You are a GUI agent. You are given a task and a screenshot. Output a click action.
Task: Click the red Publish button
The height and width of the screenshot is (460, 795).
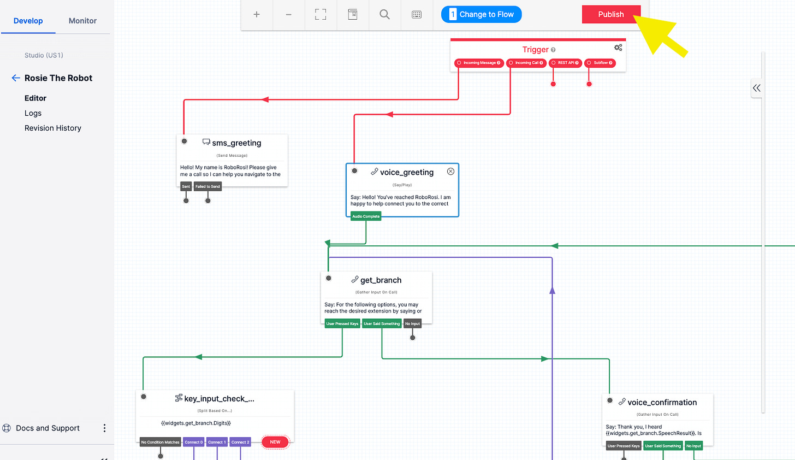[610, 15]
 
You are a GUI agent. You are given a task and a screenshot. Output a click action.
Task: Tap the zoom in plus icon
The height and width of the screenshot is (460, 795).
[257, 15]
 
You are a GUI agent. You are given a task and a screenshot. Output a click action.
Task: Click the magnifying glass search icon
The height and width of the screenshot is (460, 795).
[384, 15]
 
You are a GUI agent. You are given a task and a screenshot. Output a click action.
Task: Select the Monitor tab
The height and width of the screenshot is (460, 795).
[82, 21]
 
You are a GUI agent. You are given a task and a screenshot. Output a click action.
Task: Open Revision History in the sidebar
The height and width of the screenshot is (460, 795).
[53, 128]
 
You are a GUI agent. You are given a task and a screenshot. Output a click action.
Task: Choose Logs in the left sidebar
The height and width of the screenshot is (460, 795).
[33, 113]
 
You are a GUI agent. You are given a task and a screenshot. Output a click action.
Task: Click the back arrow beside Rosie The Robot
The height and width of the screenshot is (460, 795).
[16, 78]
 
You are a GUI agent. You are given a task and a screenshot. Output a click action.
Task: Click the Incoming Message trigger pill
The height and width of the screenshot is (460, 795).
[479, 63]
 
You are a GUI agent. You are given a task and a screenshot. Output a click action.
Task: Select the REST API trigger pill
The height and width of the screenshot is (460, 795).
[565, 63]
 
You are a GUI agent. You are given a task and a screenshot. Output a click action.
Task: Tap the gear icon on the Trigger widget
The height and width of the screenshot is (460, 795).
[618, 48]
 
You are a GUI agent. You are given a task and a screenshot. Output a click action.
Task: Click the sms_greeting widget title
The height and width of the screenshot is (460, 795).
[236, 143]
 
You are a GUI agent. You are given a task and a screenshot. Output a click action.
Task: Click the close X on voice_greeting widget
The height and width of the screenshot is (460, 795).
[450, 172]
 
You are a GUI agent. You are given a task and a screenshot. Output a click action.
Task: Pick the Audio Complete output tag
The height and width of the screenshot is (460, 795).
[366, 216]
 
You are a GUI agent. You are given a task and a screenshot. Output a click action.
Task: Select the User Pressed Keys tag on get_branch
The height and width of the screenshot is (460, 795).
[342, 323]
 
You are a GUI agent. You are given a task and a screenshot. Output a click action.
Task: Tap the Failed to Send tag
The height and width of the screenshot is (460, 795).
[207, 186]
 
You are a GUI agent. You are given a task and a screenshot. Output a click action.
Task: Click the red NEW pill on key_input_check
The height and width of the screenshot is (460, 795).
[275, 442]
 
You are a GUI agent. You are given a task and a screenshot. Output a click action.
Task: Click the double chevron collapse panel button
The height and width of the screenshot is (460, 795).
[756, 88]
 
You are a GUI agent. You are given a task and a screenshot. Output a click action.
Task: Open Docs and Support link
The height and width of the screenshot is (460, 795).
[48, 428]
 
